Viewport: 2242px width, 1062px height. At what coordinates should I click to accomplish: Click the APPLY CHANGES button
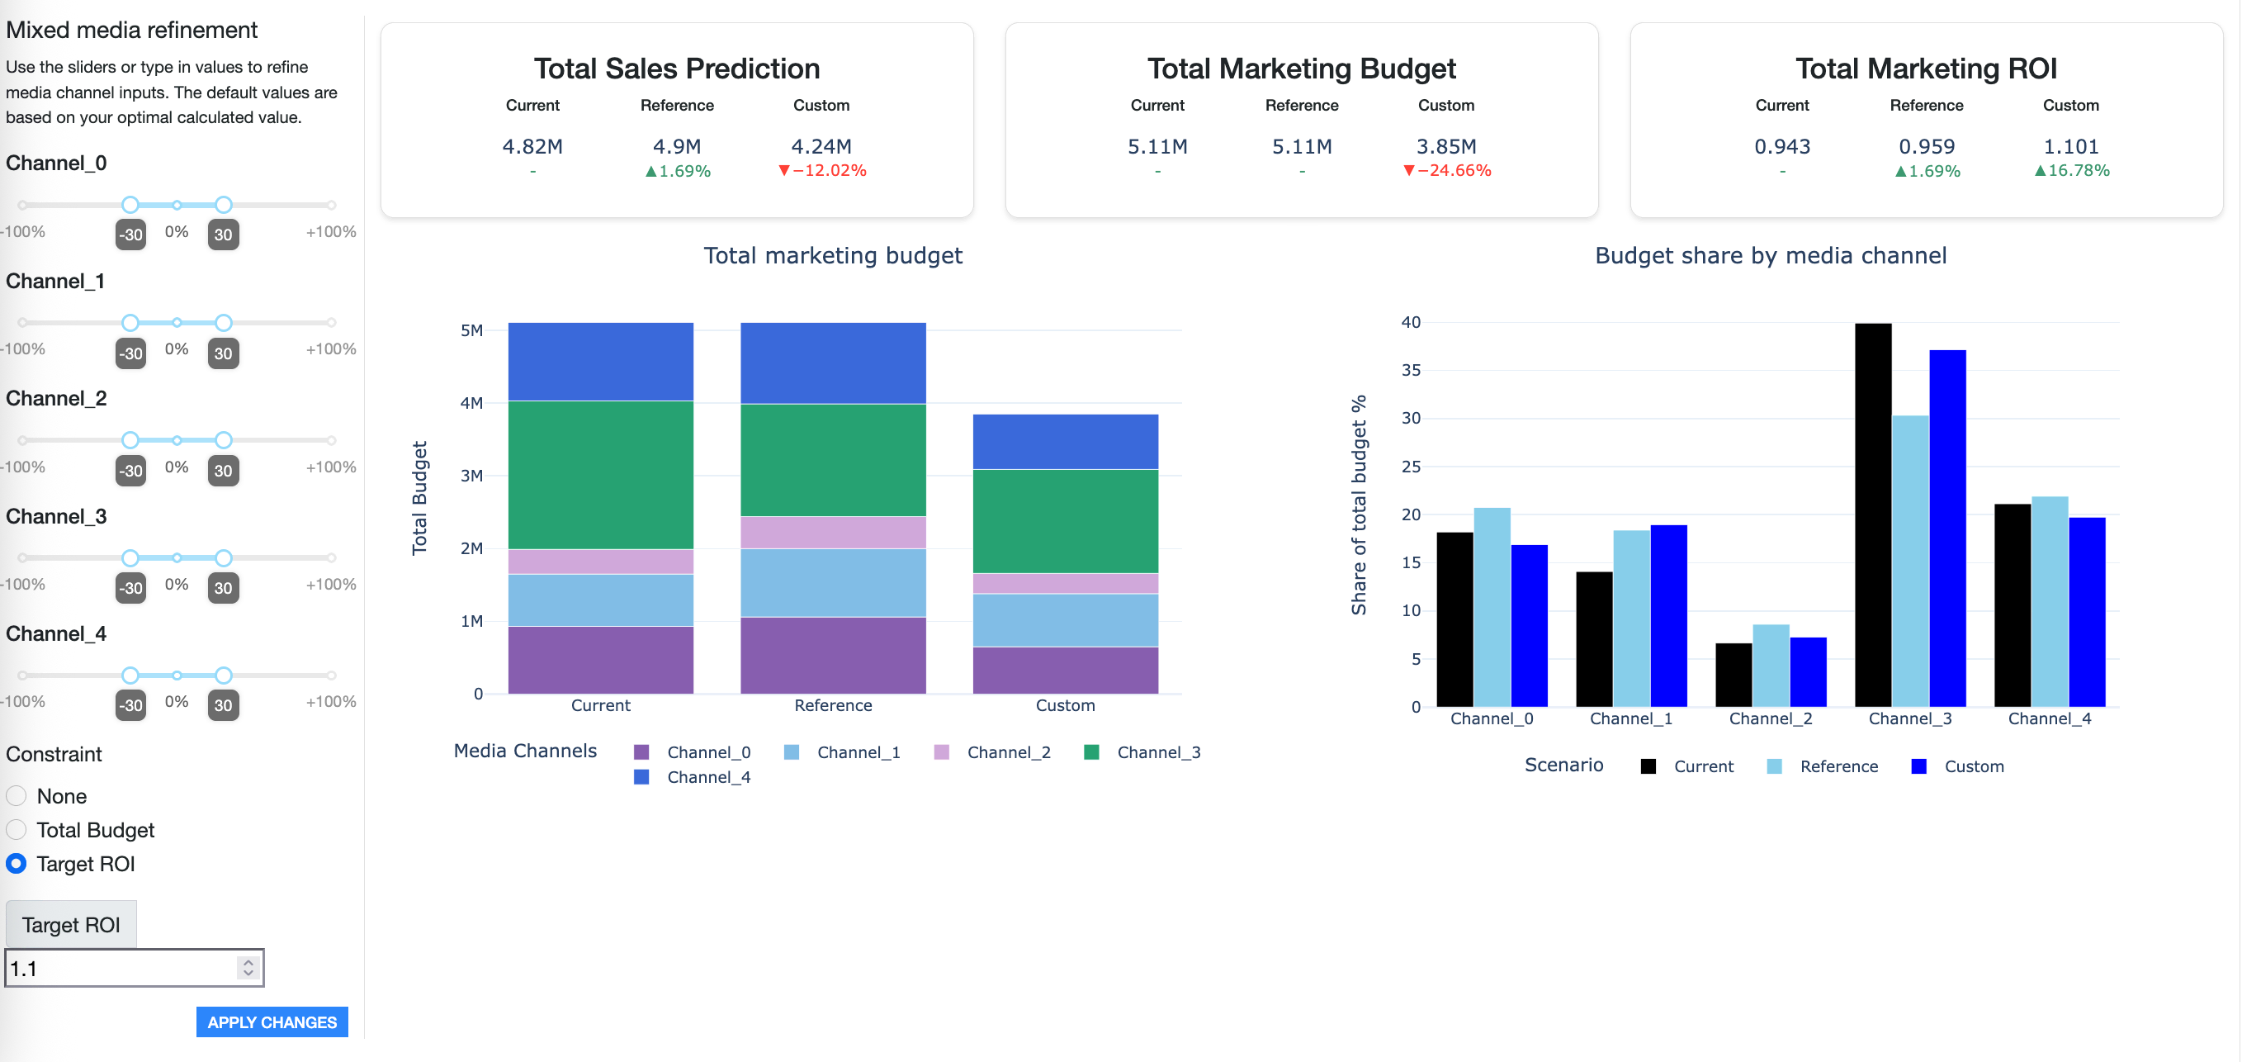point(272,1022)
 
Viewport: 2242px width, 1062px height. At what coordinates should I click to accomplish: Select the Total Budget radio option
point(17,830)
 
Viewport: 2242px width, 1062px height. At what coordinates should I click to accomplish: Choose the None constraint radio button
point(17,795)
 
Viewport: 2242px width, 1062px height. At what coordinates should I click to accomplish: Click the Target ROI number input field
point(122,968)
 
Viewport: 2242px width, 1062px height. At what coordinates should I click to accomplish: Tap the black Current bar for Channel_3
point(1872,514)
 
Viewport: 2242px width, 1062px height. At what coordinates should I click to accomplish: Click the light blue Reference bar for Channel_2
point(1771,665)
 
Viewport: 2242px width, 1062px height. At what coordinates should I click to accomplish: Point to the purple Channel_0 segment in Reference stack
point(832,655)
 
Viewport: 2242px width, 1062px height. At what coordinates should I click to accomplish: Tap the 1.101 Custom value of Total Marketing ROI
point(2069,146)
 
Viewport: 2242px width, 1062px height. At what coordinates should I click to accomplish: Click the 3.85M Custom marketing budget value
point(1445,146)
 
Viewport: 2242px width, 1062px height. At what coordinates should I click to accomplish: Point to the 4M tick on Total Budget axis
point(471,403)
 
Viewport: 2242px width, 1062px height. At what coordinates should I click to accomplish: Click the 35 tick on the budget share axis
point(1410,370)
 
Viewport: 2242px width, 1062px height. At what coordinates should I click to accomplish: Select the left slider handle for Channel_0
point(130,205)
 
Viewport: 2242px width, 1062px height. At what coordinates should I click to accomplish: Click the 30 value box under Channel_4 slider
point(223,704)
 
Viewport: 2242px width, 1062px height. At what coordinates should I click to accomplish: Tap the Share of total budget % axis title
point(1358,505)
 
